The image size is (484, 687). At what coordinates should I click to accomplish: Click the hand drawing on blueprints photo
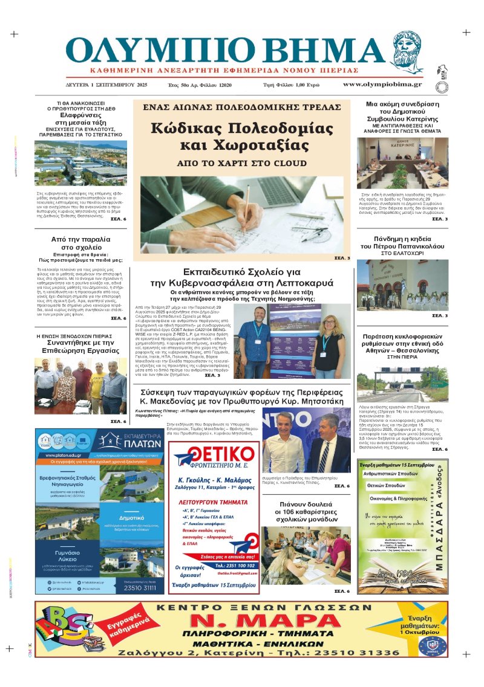[241, 214]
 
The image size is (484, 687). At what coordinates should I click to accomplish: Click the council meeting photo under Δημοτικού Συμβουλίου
[402, 163]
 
